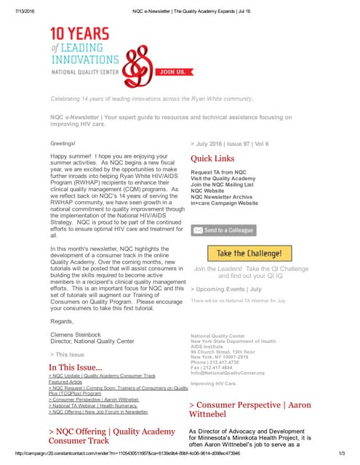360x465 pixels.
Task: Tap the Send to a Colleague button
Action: (x=224, y=230)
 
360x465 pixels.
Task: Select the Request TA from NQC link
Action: (x=218, y=171)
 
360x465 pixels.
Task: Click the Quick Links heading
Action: (x=212, y=158)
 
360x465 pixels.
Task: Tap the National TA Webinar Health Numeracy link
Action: (x=95, y=405)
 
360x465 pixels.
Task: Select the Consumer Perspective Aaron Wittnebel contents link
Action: (x=95, y=399)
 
